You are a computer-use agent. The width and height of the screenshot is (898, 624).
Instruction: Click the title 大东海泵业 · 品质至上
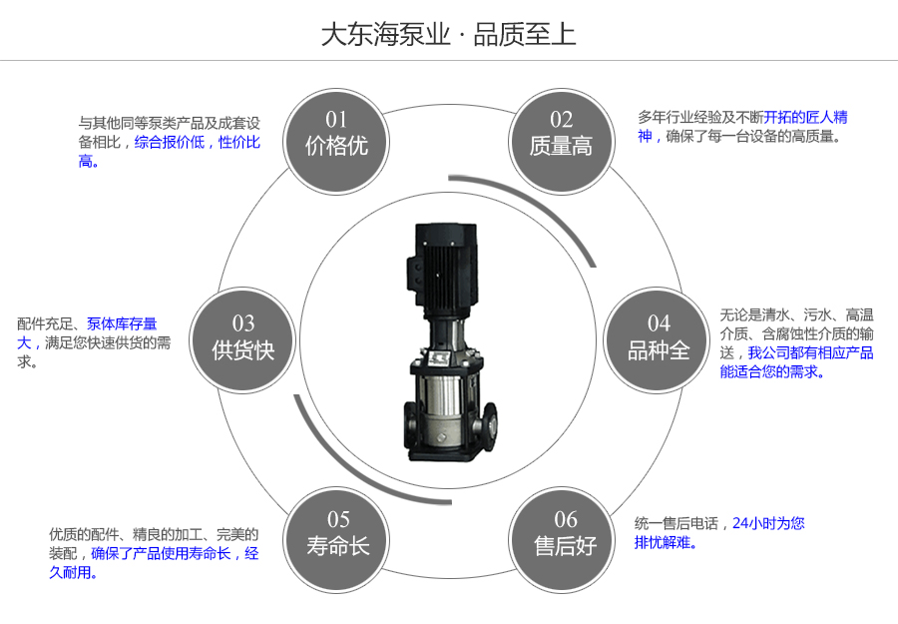(448, 34)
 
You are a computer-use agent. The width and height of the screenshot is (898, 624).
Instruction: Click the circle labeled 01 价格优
(336, 134)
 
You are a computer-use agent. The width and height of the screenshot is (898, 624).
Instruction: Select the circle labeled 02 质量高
(561, 134)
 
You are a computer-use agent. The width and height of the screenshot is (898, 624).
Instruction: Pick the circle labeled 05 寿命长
(338, 533)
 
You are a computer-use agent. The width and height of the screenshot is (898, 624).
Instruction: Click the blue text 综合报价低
(170, 143)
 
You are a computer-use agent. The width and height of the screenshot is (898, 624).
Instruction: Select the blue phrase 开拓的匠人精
(805, 117)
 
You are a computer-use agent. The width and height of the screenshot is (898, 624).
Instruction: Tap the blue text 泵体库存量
(122, 323)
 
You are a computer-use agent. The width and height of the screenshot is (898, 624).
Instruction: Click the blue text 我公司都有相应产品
(810, 353)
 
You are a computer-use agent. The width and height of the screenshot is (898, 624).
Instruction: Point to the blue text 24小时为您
(768, 523)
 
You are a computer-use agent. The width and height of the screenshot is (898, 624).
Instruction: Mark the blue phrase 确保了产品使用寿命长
(161, 553)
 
